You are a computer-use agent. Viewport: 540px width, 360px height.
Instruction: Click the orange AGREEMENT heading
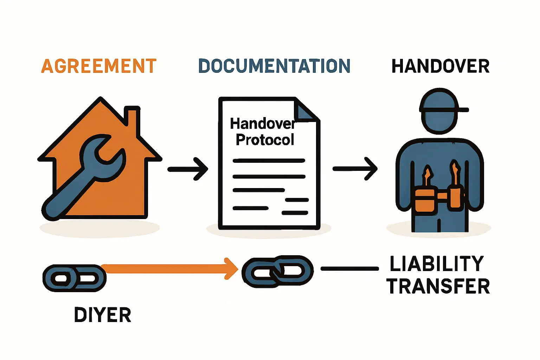[99, 66]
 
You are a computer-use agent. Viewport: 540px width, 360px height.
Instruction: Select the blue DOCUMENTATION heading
[274, 66]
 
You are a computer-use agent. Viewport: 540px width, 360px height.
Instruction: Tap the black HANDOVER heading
[441, 66]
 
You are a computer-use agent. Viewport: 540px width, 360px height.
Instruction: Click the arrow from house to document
[188, 169]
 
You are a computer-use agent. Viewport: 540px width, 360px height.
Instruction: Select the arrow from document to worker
[355, 169]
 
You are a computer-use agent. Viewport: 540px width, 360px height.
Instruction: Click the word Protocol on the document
[265, 140]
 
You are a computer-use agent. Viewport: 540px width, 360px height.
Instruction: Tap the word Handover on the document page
[262, 124]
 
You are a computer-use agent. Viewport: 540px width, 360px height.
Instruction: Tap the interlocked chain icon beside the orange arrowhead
[278, 271]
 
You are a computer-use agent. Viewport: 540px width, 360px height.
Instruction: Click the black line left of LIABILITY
[350, 269]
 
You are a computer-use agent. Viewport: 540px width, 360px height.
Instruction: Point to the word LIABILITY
[437, 264]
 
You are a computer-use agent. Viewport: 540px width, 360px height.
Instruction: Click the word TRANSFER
[438, 287]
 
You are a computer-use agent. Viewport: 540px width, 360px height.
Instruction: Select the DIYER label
[103, 315]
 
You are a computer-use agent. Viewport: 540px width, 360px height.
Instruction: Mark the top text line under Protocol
[269, 161]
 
